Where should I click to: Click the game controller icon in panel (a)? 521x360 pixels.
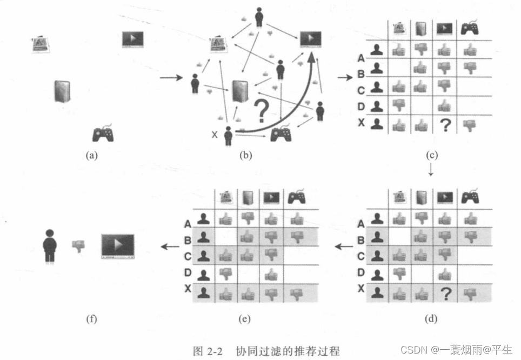coord(103,133)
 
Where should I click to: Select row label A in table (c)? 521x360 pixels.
coord(360,58)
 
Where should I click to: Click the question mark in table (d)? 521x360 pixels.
coord(444,294)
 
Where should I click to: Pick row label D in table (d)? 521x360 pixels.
coord(360,272)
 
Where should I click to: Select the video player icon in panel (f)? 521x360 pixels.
coord(117,246)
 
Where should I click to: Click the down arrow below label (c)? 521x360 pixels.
coord(431,170)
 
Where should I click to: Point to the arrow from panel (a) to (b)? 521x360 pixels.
coord(171,78)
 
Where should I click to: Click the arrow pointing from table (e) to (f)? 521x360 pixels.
coord(170,246)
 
